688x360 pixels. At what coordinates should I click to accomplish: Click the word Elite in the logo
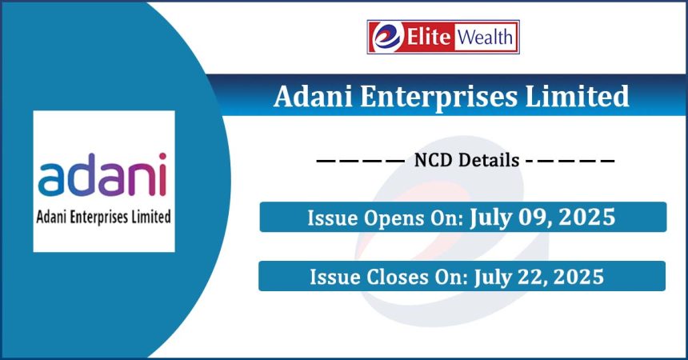tap(429, 37)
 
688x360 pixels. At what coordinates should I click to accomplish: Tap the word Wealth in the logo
tap(486, 37)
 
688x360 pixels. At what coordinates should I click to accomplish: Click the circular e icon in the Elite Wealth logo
tap(387, 37)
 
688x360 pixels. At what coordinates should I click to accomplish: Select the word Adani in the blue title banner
tap(313, 96)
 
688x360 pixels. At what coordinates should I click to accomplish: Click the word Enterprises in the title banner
tap(438, 98)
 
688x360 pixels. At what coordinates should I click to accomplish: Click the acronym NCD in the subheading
tap(433, 160)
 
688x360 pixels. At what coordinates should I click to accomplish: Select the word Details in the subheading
tap(488, 160)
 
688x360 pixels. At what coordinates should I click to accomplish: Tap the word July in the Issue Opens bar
tap(486, 218)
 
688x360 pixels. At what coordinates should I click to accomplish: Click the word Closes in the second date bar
tap(397, 277)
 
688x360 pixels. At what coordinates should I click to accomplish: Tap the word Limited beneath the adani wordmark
tap(151, 217)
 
